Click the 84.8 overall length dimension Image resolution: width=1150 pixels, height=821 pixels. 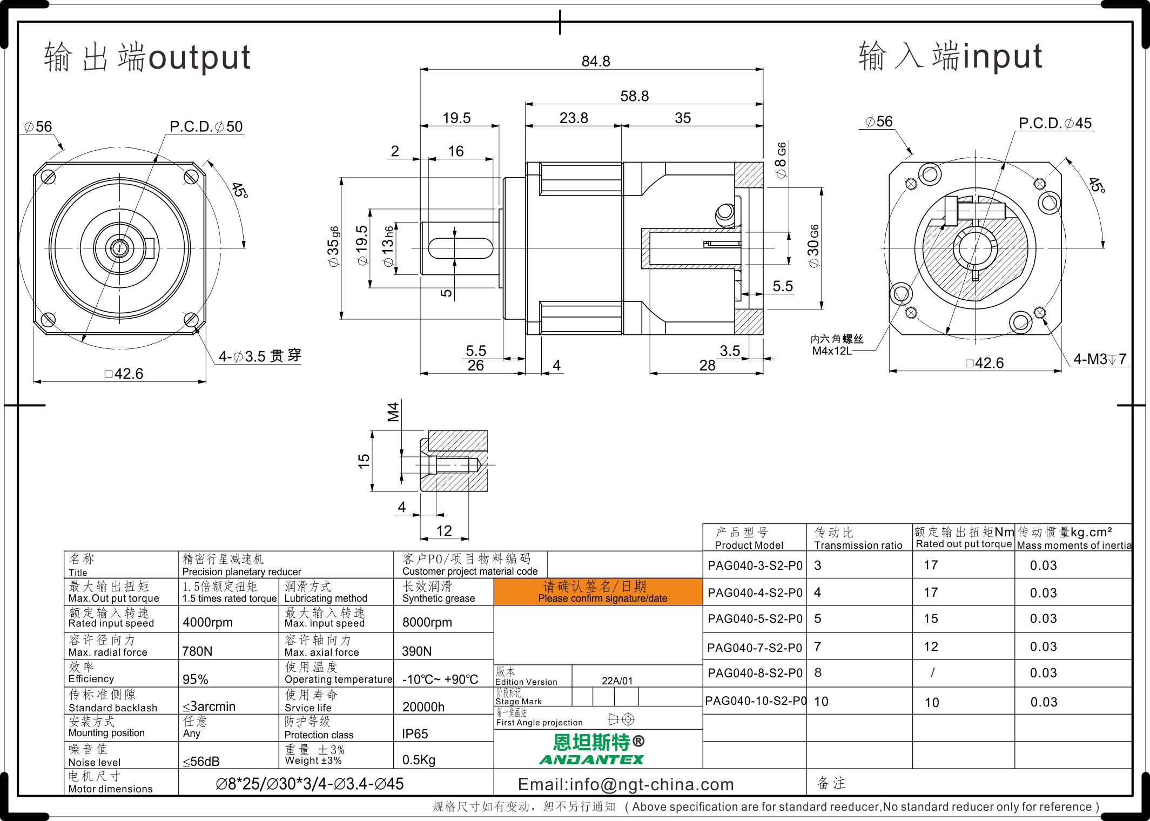click(595, 62)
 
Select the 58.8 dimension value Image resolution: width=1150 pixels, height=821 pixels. click(634, 96)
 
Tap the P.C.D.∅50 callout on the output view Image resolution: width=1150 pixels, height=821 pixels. click(206, 126)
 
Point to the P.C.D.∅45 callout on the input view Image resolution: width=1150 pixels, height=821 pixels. click(1055, 123)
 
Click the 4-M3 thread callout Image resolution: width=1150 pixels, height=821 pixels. click(1100, 359)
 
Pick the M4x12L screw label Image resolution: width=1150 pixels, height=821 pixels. click(832, 351)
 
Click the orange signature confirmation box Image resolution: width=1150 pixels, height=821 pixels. click(598, 591)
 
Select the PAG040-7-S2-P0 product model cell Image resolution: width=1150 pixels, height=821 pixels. click(755, 647)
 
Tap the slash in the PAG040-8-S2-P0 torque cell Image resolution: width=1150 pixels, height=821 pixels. click(932, 672)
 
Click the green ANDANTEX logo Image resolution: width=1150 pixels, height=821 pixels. click(591, 759)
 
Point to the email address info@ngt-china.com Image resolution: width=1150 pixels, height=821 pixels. click(626, 784)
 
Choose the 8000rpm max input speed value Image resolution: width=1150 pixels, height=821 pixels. click(427, 622)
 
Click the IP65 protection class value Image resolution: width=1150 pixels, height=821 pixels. click(415, 734)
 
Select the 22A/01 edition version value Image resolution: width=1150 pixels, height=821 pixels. click(617, 681)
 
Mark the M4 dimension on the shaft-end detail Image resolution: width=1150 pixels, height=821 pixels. click(393, 412)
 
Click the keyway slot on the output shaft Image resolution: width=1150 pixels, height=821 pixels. click(460, 248)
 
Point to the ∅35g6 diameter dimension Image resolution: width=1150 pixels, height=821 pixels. click(333, 246)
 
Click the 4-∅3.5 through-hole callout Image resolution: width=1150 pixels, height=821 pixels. click(259, 356)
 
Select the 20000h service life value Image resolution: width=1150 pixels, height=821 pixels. click(423, 706)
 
